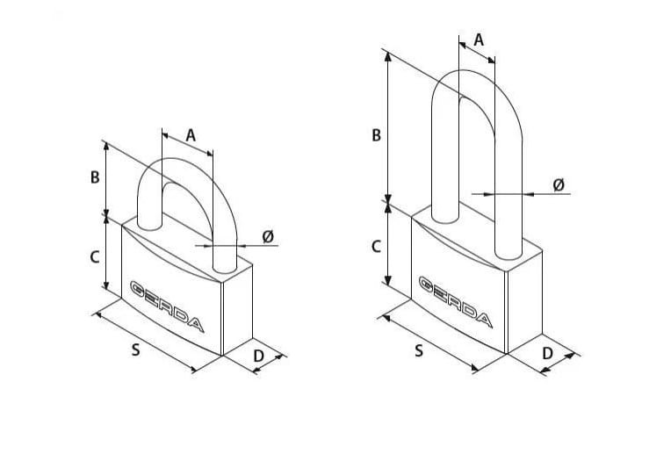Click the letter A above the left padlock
(x=191, y=135)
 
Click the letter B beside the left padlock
(x=95, y=177)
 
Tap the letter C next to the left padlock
(x=95, y=257)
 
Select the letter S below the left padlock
(x=136, y=350)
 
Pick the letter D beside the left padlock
(x=258, y=357)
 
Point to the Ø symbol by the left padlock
(x=268, y=236)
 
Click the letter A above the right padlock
(x=479, y=40)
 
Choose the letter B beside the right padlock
(x=376, y=135)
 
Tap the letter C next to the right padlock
(x=376, y=247)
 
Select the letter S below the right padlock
(x=419, y=350)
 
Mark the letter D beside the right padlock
(x=547, y=354)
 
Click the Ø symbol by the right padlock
(x=559, y=184)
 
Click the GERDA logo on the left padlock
(x=167, y=306)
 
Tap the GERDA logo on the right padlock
(x=456, y=302)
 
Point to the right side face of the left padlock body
(x=238, y=310)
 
